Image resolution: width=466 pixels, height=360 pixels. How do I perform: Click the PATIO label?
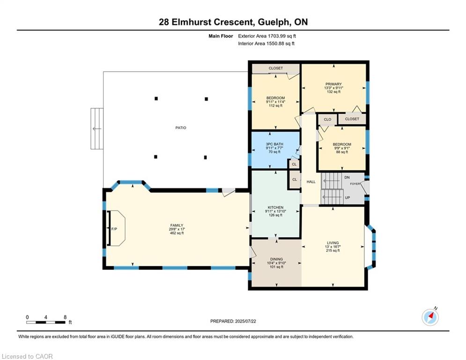pos(181,127)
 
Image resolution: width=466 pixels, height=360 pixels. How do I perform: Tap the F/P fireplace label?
pos(114,229)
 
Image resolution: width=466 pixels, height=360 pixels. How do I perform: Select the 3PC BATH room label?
pos(274,144)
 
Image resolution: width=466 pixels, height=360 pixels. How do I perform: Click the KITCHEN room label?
pos(275,207)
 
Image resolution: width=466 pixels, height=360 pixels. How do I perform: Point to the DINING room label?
pos(276,259)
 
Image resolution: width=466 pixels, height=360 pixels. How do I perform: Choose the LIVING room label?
pos(333,243)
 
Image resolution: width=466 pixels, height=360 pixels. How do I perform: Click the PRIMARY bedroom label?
pos(333,84)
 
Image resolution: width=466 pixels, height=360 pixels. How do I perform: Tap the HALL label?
pos(311,182)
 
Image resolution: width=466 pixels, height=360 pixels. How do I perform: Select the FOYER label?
pos(355,184)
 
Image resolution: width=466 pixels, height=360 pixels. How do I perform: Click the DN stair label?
pos(347,177)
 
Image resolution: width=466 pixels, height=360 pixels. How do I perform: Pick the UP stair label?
pos(347,197)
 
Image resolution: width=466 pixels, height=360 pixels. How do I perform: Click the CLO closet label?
pos(327,120)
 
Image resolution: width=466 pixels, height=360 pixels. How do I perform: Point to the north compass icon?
pos(430,317)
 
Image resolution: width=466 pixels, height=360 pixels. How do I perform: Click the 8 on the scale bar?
pos(65,317)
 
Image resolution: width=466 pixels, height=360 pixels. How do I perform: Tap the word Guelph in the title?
pos(274,22)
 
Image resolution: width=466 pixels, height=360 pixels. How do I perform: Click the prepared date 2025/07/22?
pos(245,321)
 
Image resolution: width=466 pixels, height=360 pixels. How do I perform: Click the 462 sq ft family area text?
pos(177,233)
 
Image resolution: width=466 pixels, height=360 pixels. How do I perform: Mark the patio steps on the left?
pos(97,128)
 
